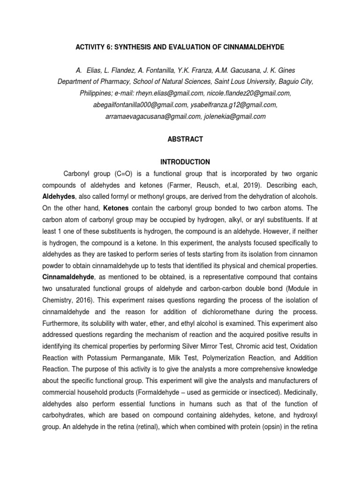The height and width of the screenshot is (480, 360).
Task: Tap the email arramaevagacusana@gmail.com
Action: coord(153,116)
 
